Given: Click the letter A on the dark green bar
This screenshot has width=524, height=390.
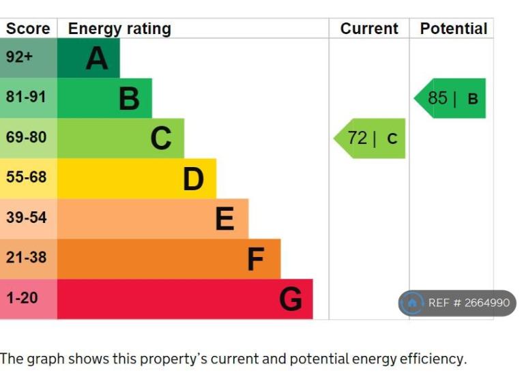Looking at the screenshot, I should click(x=97, y=59).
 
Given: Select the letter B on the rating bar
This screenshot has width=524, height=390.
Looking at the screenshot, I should click(x=129, y=99).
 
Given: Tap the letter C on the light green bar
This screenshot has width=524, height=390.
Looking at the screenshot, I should click(x=161, y=138).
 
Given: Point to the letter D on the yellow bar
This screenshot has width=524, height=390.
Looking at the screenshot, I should click(x=193, y=179).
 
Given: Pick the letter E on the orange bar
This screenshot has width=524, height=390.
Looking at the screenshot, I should click(x=224, y=220).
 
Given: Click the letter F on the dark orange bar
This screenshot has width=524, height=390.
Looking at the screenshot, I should click(x=256, y=260).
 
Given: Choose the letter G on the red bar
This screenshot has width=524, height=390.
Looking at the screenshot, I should click(x=291, y=299).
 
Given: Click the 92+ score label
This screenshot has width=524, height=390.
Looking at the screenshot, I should click(x=19, y=57).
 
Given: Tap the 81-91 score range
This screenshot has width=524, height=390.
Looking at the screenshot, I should click(x=26, y=97).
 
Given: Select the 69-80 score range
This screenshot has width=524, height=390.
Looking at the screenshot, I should click(x=26, y=137).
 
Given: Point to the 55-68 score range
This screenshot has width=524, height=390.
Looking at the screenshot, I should click(x=26, y=177).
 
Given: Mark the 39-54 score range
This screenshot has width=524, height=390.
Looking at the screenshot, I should click(x=26, y=217).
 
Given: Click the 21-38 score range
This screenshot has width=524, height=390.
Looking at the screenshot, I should click(x=26, y=258).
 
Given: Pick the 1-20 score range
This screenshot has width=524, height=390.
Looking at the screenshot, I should click(x=22, y=298).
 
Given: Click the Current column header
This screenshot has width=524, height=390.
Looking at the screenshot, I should click(x=369, y=29).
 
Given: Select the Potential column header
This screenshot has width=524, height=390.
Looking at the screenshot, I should click(x=453, y=29).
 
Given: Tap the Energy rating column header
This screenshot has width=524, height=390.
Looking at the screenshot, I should click(x=119, y=29).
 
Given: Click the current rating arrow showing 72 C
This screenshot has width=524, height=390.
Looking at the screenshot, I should click(x=370, y=138).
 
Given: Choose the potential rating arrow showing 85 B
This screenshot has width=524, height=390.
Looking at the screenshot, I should click(x=451, y=98).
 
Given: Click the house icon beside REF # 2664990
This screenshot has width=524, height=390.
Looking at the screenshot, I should click(x=412, y=303).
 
